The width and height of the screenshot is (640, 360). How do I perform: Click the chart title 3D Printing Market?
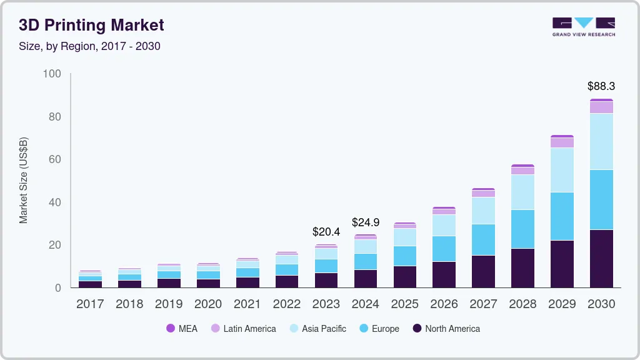pos(91,25)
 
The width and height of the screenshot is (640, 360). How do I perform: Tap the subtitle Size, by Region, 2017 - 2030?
pos(89,46)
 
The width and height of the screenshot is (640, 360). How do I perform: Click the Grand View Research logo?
pos(583,26)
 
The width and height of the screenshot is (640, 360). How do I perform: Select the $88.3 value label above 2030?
pos(601,86)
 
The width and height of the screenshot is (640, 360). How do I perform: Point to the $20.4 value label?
pos(326,232)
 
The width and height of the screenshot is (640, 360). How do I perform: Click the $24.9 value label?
pos(365,222)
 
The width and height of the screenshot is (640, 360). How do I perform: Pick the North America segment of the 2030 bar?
pos(601,259)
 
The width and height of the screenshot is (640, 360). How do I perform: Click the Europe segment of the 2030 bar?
pos(601,200)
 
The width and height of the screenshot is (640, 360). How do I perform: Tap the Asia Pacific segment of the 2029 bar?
pos(562,170)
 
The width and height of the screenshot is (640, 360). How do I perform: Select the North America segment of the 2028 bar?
pos(522,268)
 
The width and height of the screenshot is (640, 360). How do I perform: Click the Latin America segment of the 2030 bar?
pos(601,107)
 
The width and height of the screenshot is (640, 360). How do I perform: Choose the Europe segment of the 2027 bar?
pos(483,240)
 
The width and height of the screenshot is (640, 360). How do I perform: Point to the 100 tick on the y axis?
pos(52,74)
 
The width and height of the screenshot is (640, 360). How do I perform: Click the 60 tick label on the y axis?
pos(55,160)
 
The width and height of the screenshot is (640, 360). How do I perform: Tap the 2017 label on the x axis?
pos(90,304)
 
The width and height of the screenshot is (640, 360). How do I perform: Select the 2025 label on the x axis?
pos(404,304)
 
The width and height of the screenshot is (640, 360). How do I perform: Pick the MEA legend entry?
pos(182,329)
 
